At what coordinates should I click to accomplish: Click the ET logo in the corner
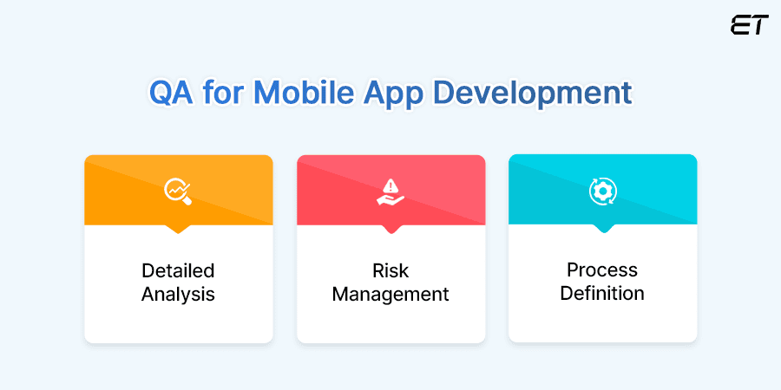point(749,26)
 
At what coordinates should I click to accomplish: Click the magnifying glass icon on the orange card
point(178,191)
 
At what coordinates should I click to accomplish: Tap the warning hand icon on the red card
point(390,191)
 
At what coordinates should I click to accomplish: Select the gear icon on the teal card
point(602,191)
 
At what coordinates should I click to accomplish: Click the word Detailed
point(178,270)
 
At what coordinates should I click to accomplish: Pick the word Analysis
point(178,294)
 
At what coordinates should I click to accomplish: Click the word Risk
point(390,270)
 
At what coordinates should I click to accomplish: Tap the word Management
point(390,294)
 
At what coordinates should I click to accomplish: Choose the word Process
point(602,270)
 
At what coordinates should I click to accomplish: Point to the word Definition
point(602,293)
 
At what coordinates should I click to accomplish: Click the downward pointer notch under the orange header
point(178,229)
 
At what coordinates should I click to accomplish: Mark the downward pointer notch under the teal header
point(602,229)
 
